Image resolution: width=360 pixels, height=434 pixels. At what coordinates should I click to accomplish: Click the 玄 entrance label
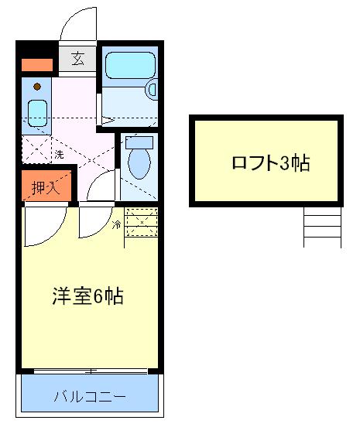point(77,59)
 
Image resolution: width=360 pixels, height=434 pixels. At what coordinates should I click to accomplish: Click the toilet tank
point(139,142)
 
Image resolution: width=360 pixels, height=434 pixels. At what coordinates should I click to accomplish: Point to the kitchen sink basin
point(36,114)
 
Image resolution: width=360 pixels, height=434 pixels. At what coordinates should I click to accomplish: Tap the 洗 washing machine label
point(59,155)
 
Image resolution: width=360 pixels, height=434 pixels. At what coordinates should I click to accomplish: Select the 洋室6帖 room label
point(89,297)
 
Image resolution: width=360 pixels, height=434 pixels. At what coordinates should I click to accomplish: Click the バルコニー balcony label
point(89,398)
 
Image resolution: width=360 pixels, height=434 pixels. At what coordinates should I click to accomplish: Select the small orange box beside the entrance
point(36,65)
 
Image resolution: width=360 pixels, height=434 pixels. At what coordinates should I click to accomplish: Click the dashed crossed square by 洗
point(36,147)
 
